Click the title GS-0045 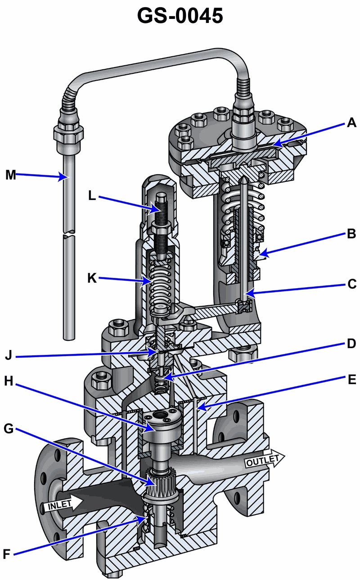180,16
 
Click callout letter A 351,122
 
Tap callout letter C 351,284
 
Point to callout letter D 351,344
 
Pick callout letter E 351,380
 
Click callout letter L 93,197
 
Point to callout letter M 10,175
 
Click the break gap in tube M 68,235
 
